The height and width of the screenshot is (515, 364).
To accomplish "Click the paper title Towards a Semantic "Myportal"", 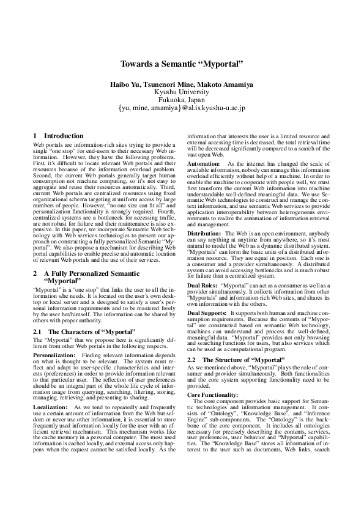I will [x=182, y=64].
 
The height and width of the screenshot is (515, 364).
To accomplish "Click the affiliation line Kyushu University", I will [x=182, y=91].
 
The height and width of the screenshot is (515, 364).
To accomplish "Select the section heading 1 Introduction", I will [x=58, y=136].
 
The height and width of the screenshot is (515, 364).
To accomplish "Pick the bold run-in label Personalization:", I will [x=54, y=338].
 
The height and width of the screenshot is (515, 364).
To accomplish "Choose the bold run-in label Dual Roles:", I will [x=202, y=285].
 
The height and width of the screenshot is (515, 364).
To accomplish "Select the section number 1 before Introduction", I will [x=35, y=136].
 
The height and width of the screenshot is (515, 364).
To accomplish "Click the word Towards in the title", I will [x=135, y=64].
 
